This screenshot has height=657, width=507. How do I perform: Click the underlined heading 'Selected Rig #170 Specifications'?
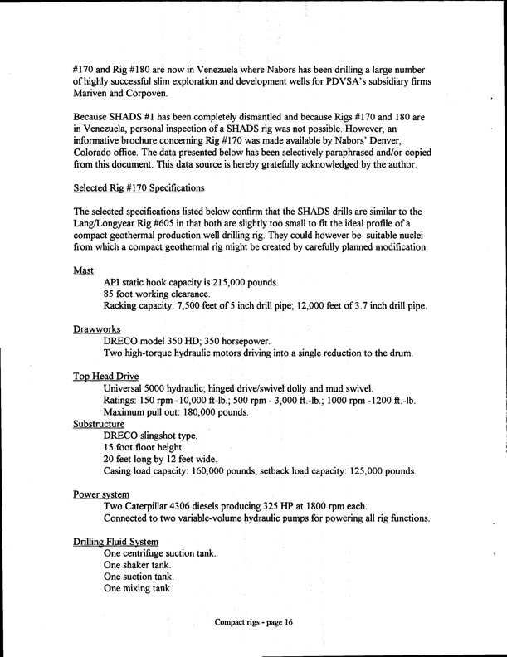[x=140, y=188]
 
